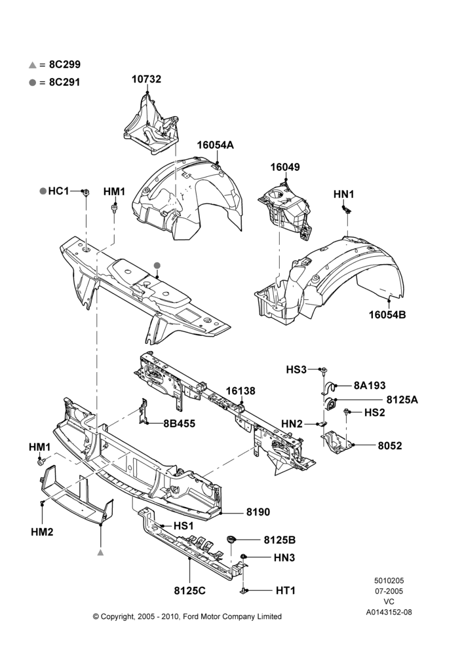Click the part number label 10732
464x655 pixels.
pyautogui.click(x=146, y=79)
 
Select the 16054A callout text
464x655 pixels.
pyautogui.click(x=215, y=145)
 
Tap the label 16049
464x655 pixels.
pyautogui.click(x=285, y=167)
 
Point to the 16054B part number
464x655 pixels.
pyautogui.click(x=387, y=314)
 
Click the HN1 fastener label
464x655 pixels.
pyautogui.click(x=343, y=195)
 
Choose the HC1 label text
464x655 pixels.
pyautogui.click(x=58, y=191)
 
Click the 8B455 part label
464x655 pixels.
pyautogui.click(x=180, y=423)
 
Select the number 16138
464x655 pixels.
pyautogui.click(x=241, y=391)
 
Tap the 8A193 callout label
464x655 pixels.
pyautogui.click(x=370, y=385)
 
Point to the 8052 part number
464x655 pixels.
pyautogui.click(x=390, y=445)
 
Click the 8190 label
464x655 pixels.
pyautogui.click(x=258, y=512)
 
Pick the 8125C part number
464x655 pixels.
pyautogui.click(x=190, y=591)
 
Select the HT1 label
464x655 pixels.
pyautogui.click(x=286, y=591)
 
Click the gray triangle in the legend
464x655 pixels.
pyautogui.click(x=33, y=65)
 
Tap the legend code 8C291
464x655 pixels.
pyautogui.click(x=65, y=83)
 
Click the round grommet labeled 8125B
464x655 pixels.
pyautogui.click(x=231, y=539)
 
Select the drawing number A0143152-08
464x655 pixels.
pyautogui.click(x=389, y=612)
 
